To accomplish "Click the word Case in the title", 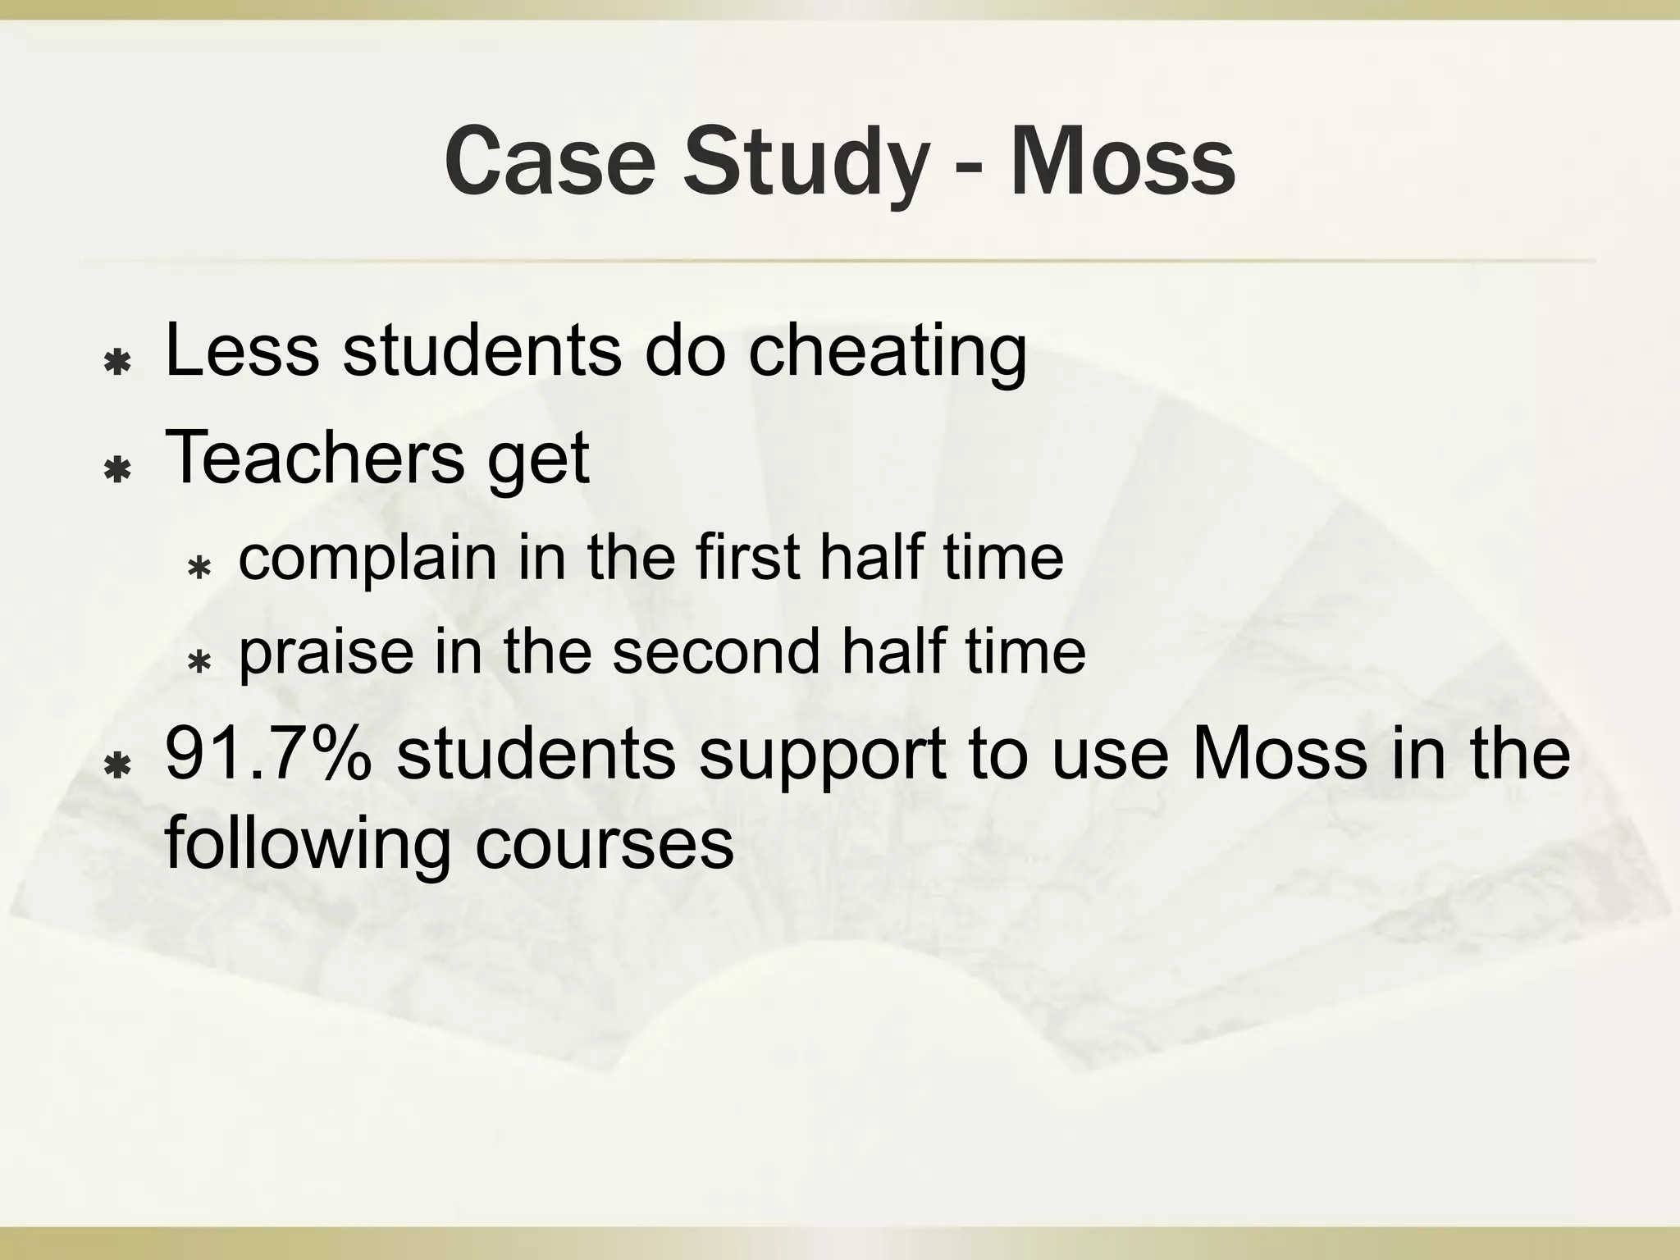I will (550, 162).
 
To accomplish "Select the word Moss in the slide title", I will (1122, 162).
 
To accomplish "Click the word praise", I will (326, 653).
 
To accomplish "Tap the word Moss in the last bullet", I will (1280, 753).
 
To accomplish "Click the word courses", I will (604, 845).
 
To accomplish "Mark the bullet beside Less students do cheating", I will (119, 362).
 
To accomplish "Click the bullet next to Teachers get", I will (119, 470).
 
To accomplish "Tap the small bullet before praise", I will (199, 661).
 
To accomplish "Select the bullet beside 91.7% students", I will (119, 765).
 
